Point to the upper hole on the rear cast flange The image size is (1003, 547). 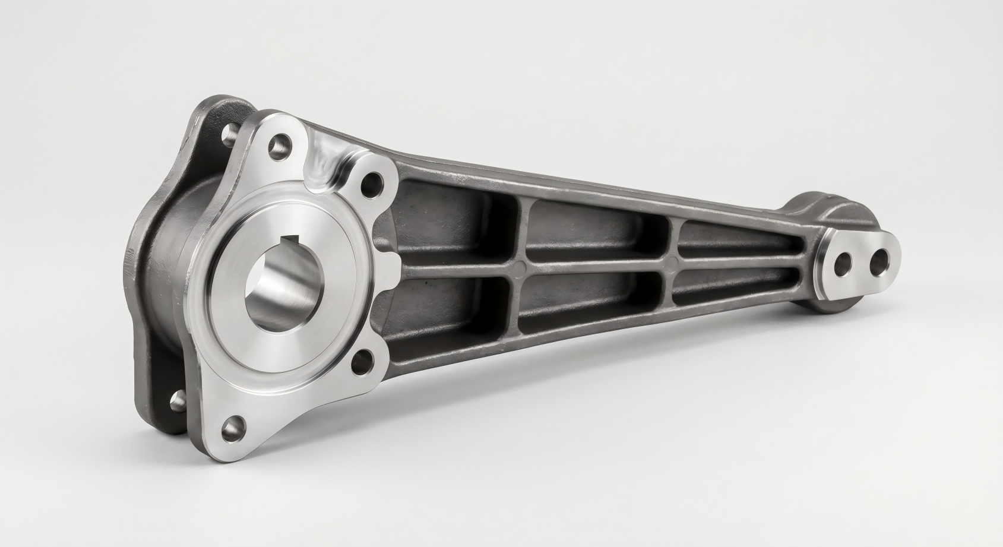point(228,136)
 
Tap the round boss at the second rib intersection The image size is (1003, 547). point(673,260)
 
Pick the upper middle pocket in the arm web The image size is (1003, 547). point(600,232)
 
